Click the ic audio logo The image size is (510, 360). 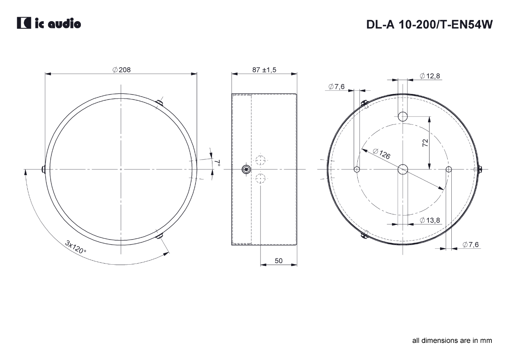49,23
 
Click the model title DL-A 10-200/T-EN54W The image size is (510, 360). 429,24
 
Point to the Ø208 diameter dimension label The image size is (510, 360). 122,70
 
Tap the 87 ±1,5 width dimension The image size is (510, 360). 264,70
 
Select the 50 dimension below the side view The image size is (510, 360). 278,261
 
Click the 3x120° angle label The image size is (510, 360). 76,247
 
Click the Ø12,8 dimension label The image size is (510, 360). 430,76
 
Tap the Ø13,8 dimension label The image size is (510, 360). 430,220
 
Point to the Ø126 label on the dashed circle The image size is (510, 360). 382,154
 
